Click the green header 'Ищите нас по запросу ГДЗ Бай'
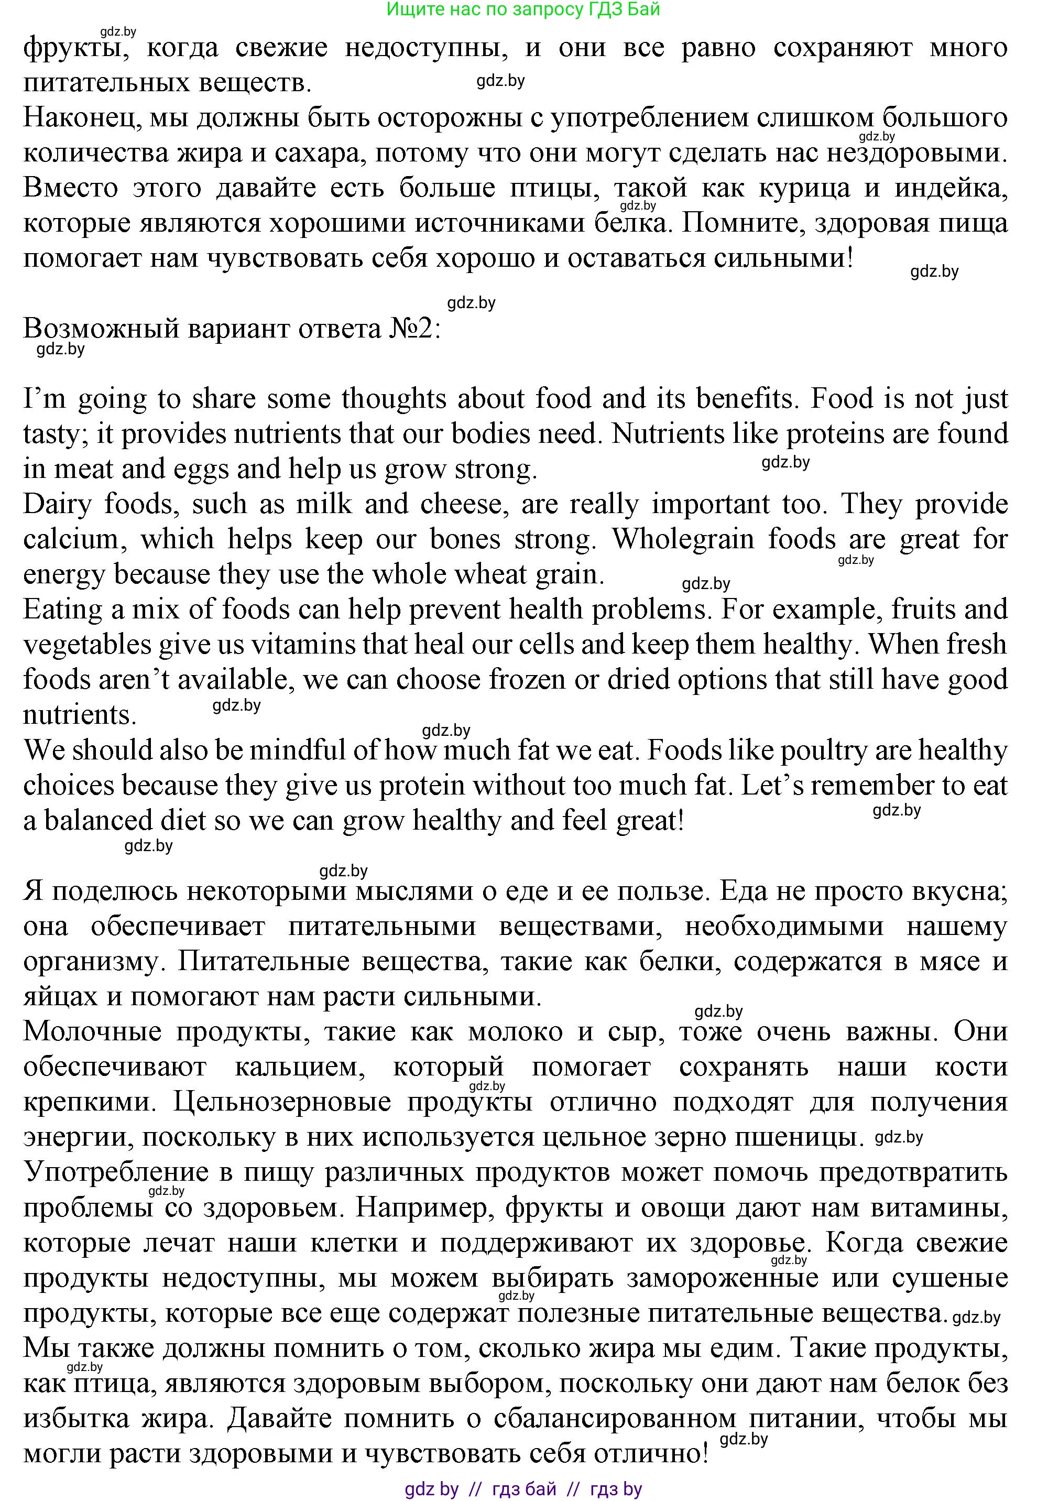[523, 9]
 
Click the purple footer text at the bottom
[523, 1488]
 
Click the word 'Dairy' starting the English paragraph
[56, 505]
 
